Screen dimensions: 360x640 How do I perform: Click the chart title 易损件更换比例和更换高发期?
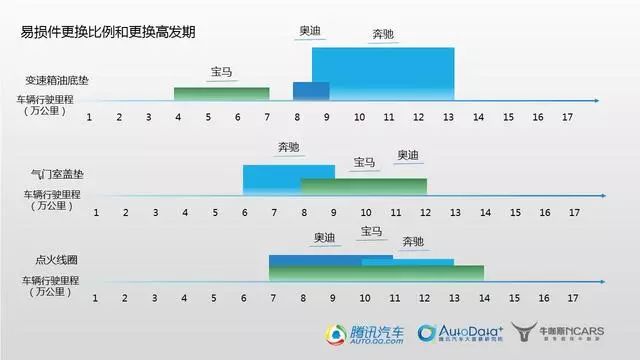coord(107,31)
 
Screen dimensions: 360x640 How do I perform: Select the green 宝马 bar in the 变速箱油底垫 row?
coord(221,93)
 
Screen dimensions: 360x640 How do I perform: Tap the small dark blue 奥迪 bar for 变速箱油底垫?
coord(310,90)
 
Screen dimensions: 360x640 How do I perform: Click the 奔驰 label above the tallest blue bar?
coord(382,35)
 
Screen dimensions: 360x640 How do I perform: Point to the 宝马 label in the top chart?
coord(221,72)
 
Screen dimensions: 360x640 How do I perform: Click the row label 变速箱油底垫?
coord(58,80)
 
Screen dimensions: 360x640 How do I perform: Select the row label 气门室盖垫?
coord(59,173)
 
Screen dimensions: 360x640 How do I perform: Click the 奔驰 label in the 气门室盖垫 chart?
coord(289,147)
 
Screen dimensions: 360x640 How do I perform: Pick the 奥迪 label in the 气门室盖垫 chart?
coord(409,156)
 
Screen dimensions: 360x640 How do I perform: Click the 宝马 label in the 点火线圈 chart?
coord(371,232)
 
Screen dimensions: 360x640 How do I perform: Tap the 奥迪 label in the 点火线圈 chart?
coord(324,238)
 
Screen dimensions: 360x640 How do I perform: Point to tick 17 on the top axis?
coord(566,117)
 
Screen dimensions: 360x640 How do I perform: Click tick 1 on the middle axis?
coord(96,212)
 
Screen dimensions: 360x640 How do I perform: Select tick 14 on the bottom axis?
coord(483,298)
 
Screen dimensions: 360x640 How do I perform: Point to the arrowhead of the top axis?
coord(596,101)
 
